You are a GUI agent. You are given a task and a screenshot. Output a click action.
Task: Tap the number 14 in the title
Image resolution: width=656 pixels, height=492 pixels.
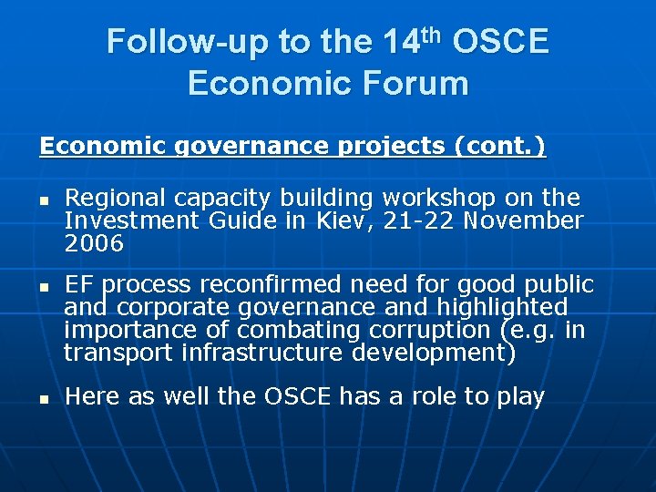[402, 42]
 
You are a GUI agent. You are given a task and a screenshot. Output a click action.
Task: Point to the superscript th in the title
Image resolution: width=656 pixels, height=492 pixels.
[433, 35]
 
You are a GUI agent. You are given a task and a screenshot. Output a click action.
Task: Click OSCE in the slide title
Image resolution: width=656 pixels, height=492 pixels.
[500, 42]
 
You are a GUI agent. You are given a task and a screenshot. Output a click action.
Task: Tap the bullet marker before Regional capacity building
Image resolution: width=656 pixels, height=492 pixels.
[42, 200]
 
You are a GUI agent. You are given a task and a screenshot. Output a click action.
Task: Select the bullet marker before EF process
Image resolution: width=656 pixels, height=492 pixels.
[42, 287]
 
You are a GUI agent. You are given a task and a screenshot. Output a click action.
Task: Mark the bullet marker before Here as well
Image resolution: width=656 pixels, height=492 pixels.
[42, 398]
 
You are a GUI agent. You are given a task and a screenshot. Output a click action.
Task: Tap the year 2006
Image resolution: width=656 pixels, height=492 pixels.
[93, 243]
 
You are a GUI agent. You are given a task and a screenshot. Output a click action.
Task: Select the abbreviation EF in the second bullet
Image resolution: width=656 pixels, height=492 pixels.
[78, 285]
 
